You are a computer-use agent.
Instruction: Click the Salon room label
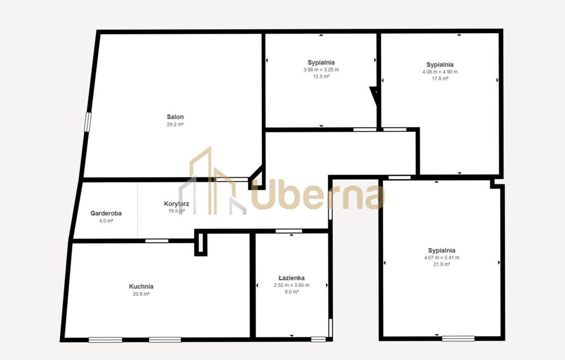pyautogui.click(x=175, y=117)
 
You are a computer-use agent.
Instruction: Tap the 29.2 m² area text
pyautogui.click(x=175, y=124)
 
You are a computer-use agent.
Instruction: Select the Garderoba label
pyautogui.click(x=106, y=213)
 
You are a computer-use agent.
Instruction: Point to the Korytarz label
pyautogui.click(x=177, y=204)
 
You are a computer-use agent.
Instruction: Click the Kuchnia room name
pyautogui.click(x=141, y=287)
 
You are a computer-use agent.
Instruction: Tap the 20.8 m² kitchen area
pyautogui.click(x=141, y=294)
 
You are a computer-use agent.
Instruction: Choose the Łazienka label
pyautogui.click(x=291, y=278)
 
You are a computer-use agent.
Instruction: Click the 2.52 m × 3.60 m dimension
pyautogui.click(x=291, y=285)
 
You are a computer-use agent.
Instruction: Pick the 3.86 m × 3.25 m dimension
pyautogui.click(x=321, y=70)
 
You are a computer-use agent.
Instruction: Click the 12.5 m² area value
pyautogui.click(x=321, y=77)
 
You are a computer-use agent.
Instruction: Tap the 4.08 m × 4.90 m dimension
pyautogui.click(x=440, y=72)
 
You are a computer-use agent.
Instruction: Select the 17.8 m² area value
pyautogui.click(x=440, y=78)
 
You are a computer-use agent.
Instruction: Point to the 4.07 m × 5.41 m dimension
pyautogui.click(x=442, y=257)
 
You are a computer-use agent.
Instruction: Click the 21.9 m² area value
pyautogui.click(x=442, y=264)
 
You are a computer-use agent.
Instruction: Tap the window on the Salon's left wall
pyautogui.click(x=88, y=122)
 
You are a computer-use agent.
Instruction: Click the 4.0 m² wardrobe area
pyautogui.click(x=106, y=221)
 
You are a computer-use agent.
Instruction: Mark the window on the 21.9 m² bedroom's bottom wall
pyautogui.click(x=459, y=338)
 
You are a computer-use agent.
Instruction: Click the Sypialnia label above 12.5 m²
pyautogui.click(x=321, y=62)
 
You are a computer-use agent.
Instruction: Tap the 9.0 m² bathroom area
pyautogui.click(x=291, y=292)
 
